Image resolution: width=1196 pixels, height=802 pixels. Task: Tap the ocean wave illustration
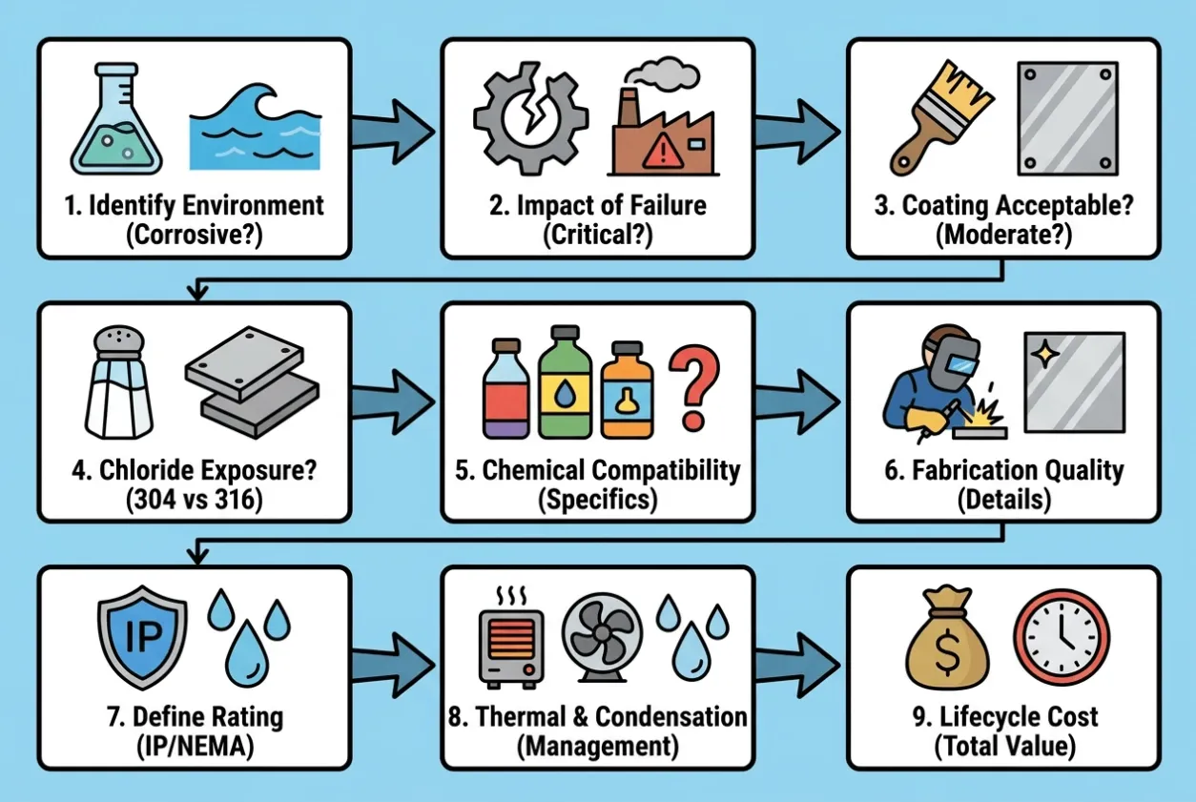(x=256, y=127)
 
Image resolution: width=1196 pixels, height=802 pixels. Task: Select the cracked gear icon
(x=530, y=118)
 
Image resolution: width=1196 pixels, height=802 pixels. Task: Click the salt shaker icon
(x=118, y=382)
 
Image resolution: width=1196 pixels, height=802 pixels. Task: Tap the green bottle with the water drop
(x=565, y=382)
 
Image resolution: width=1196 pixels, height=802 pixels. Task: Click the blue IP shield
(x=142, y=637)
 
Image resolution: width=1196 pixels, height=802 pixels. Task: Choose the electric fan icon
(x=602, y=636)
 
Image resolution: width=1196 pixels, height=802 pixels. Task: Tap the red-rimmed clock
(x=1062, y=636)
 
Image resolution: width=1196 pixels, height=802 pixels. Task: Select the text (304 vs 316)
(x=195, y=500)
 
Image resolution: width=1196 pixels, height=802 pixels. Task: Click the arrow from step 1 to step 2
(x=393, y=132)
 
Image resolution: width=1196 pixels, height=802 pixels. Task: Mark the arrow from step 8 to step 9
(x=797, y=666)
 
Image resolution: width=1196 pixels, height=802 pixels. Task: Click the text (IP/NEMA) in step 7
(x=196, y=746)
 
